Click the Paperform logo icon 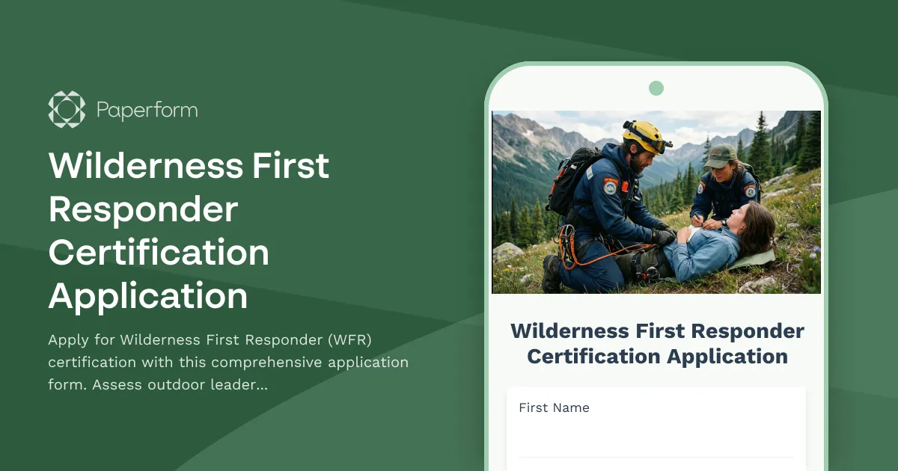tap(67, 109)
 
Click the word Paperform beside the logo tap(147, 111)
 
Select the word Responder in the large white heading tap(143, 210)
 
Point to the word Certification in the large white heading tap(159, 253)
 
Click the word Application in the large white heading tap(148, 296)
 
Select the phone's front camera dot tap(656, 88)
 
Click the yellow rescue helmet tap(644, 135)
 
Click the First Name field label tap(554, 407)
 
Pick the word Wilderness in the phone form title tap(569, 330)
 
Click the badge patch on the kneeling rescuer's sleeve tap(611, 187)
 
